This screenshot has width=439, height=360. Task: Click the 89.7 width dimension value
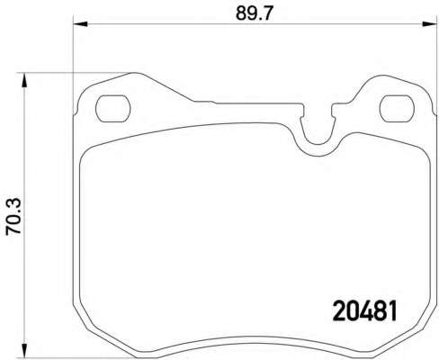(x=254, y=13)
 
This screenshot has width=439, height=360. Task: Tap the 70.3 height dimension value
(x=13, y=216)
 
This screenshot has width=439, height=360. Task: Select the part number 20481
(x=365, y=311)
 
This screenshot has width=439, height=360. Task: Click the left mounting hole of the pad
(x=113, y=109)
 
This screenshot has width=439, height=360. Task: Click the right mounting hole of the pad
(x=397, y=109)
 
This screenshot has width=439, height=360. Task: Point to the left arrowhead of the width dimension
(x=80, y=24)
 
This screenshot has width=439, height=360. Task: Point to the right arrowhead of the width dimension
(x=429, y=24)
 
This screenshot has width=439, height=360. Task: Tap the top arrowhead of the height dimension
(x=24, y=80)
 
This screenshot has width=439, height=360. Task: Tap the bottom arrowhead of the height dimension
(x=24, y=351)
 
